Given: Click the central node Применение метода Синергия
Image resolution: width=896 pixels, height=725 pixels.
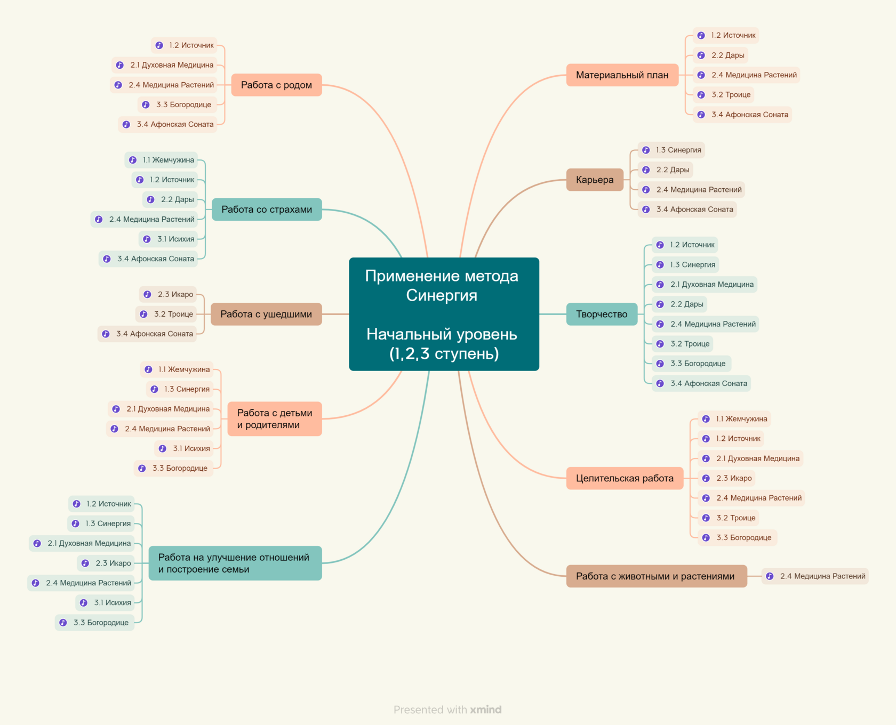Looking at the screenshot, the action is click(444, 314).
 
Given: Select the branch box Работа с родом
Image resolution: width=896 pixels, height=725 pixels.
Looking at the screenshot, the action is click(276, 85).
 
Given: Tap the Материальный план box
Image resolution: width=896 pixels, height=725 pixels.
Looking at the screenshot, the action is click(622, 75).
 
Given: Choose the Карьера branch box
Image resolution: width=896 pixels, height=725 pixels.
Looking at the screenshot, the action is click(595, 180).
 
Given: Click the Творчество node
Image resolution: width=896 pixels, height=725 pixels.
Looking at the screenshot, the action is click(602, 314).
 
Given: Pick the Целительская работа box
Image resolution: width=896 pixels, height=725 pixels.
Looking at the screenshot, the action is click(625, 478).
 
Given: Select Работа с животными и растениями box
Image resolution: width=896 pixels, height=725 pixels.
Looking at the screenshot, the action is click(657, 576).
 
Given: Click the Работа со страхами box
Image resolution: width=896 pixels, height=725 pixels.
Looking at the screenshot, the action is click(267, 210).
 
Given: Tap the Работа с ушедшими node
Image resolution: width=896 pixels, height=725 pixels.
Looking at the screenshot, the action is click(266, 314).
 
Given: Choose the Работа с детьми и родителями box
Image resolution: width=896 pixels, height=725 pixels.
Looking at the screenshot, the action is click(275, 419).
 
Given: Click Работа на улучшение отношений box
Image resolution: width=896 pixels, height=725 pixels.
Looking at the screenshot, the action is click(235, 563).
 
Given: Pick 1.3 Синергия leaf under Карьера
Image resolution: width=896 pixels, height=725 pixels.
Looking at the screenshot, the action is click(671, 150).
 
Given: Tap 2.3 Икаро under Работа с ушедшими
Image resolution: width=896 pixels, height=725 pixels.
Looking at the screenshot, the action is click(168, 294).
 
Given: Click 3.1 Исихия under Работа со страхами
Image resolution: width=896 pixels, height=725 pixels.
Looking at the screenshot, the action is click(168, 239).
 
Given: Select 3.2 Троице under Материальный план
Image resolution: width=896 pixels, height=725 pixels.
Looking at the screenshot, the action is click(724, 95).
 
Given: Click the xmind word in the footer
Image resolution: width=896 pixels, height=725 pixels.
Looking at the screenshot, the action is click(486, 710).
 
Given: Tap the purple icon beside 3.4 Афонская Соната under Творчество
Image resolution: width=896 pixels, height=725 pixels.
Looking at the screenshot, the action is click(660, 383).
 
